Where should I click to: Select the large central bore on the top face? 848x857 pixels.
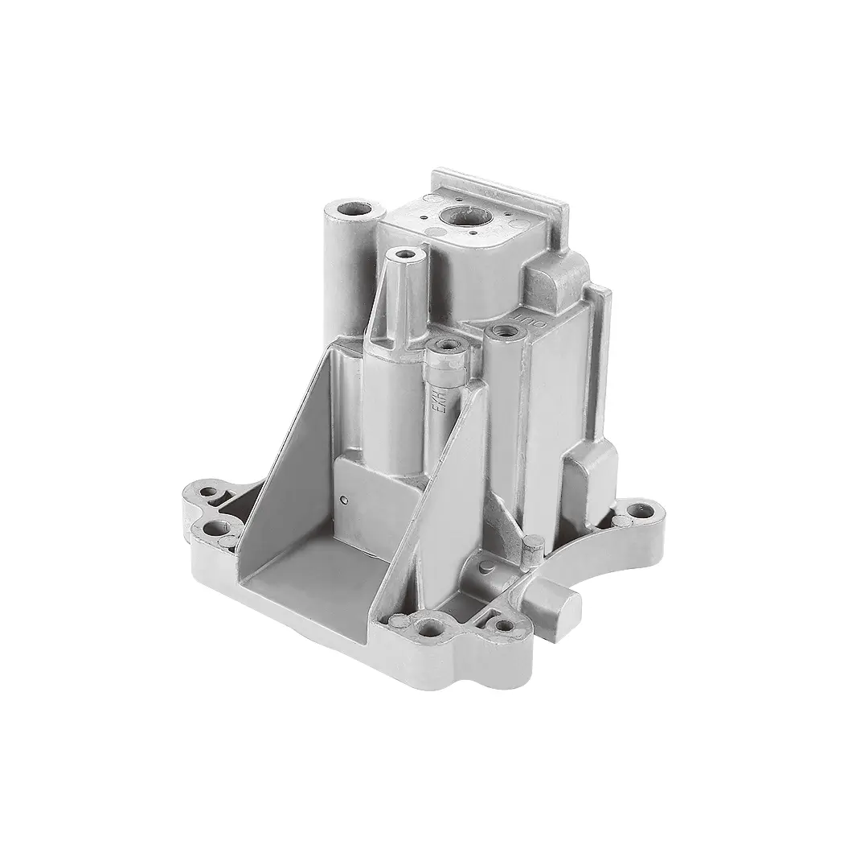pos(464,215)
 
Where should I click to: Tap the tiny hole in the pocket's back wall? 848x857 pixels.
pos(345,501)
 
